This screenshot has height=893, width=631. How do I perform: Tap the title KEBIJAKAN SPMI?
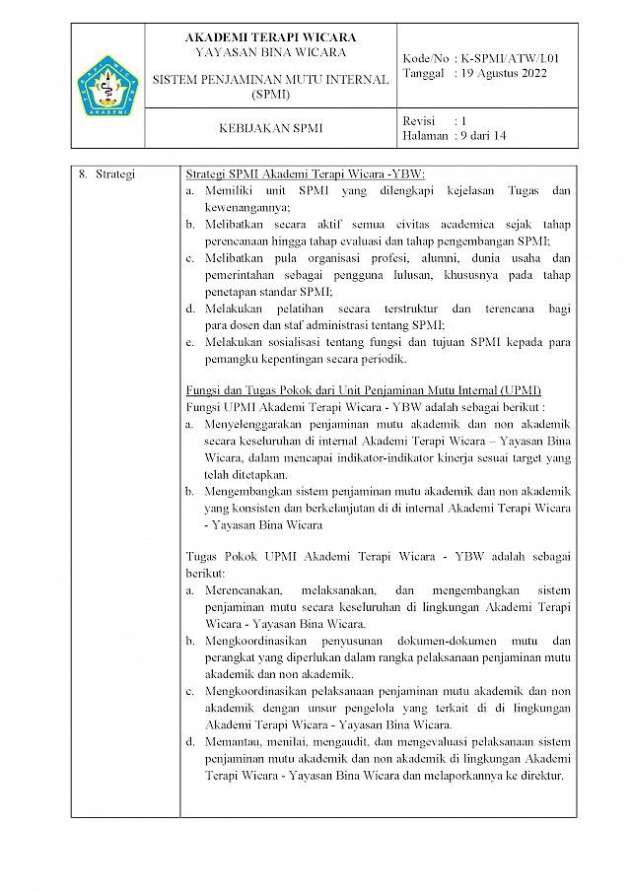(x=270, y=128)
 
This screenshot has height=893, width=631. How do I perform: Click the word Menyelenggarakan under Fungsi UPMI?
(x=265, y=424)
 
